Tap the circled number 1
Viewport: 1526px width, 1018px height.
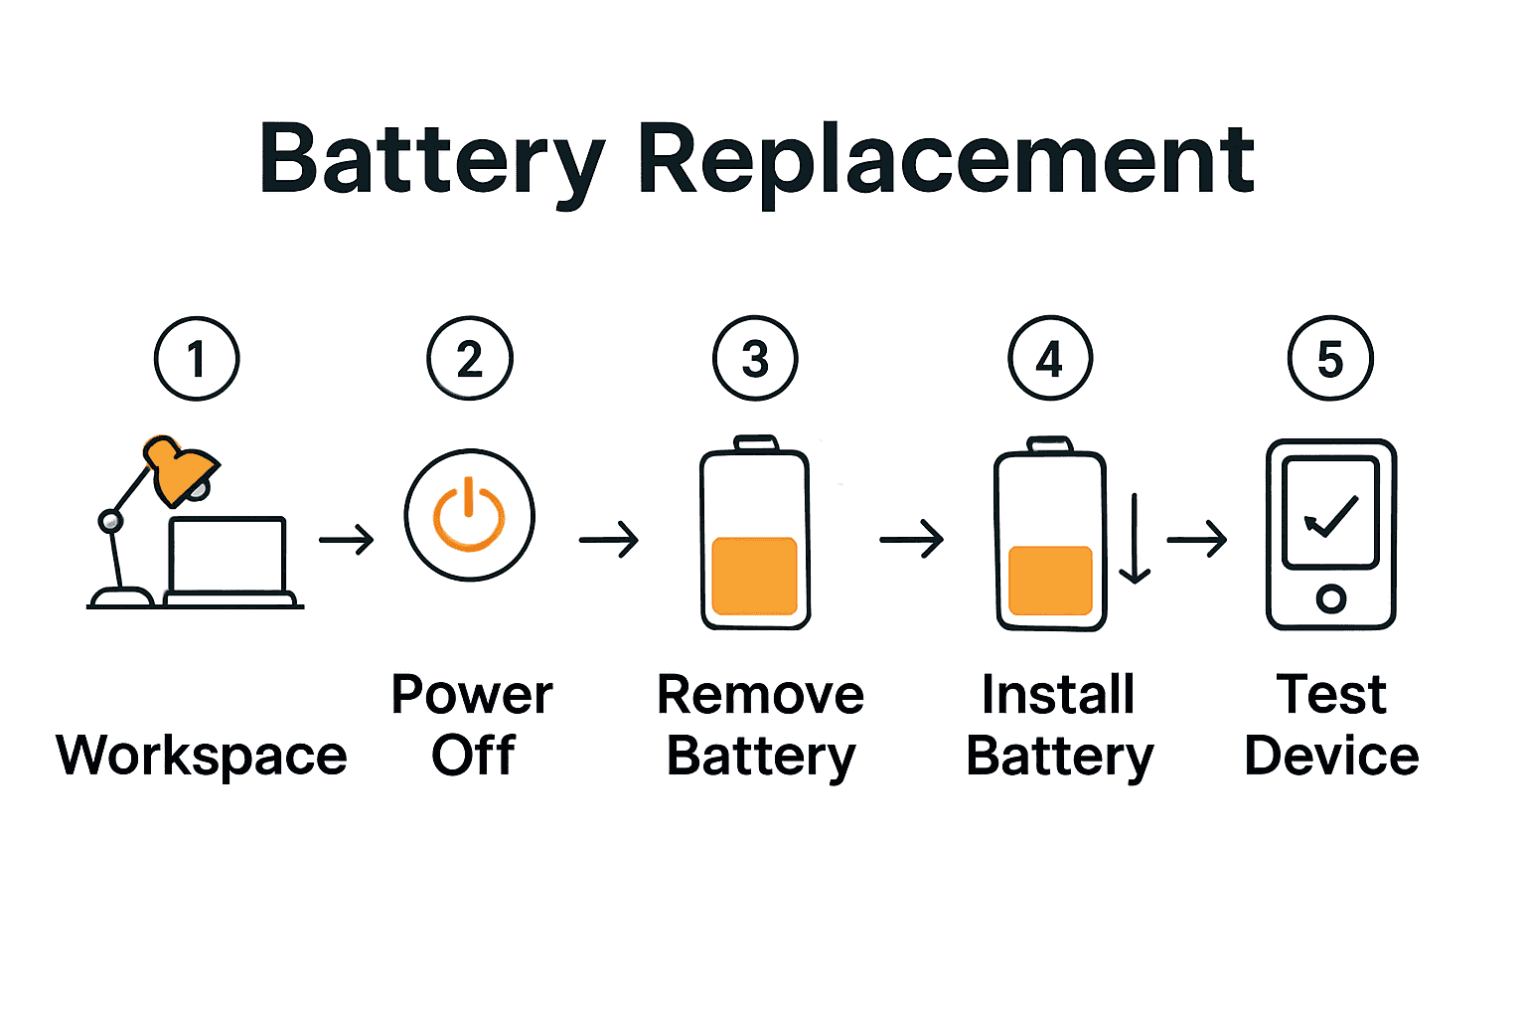(x=197, y=359)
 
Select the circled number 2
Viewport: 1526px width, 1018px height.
(x=470, y=359)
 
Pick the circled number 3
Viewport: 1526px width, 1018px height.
(x=755, y=359)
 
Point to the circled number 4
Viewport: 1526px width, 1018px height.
(x=1050, y=359)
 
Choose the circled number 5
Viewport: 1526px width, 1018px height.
(x=1330, y=359)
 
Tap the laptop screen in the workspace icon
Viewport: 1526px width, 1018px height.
(x=228, y=555)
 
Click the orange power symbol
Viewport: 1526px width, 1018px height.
(x=469, y=515)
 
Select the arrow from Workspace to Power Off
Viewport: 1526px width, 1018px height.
(x=347, y=540)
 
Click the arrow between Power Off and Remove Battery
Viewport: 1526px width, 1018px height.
(x=609, y=540)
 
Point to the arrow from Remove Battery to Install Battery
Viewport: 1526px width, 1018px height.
(x=912, y=540)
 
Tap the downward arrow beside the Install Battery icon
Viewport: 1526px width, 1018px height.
(x=1135, y=538)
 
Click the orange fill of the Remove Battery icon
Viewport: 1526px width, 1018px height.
(x=755, y=577)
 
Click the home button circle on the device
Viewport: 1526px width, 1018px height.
(x=1331, y=598)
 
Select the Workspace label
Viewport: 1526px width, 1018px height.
(x=202, y=756)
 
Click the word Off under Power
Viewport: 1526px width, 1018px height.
(x=473, y=756)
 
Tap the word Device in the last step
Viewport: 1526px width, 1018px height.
(x=1331, y=756)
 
